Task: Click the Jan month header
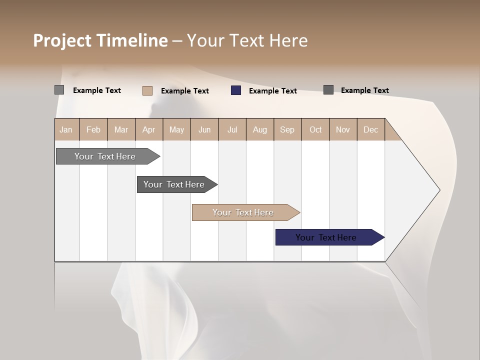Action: click(66, 129)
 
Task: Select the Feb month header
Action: click(93, 129)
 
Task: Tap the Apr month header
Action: click(148, 129)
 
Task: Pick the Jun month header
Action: click(204, 129)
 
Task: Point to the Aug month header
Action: click(259, 129)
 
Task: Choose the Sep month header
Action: click(287, 129)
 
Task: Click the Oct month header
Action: click(315, 129)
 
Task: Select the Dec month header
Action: click(370, 129)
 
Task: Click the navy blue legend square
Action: click(236, 90)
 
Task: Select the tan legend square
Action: click(147, 90)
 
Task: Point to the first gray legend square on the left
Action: click(59, 90)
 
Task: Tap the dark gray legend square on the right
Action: click(328, 90)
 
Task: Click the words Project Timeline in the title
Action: click(100, 40)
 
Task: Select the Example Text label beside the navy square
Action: click(272, 91)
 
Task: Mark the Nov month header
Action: click(342, 129)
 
